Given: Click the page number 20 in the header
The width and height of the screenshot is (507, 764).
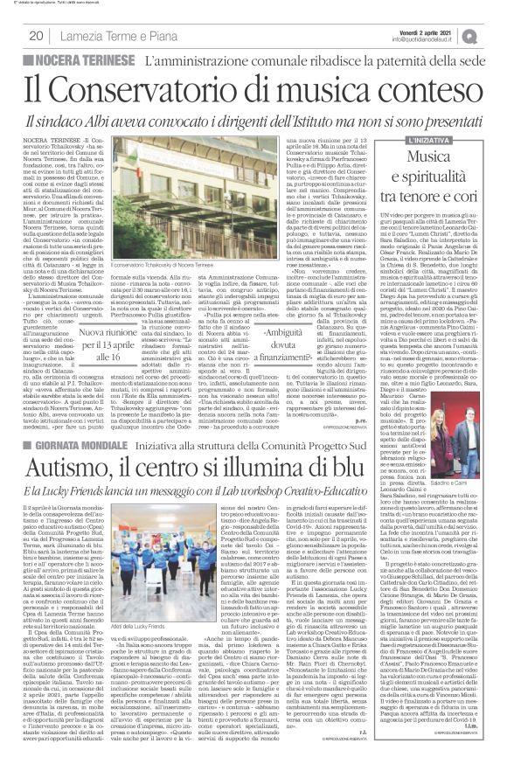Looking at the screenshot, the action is pos(35,36).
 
